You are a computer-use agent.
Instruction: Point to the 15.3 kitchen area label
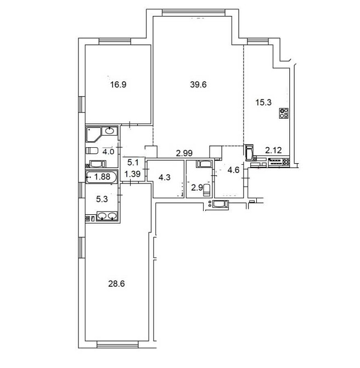(264, 101)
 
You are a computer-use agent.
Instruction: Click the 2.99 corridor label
(184, 153)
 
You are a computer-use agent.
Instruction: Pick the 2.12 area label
(273, 149)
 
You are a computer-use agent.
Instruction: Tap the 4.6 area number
(233, 169)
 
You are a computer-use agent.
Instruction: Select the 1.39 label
(133, 174)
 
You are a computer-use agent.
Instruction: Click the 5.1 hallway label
(133, 162)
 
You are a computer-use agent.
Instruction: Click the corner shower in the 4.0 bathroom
(93, 133)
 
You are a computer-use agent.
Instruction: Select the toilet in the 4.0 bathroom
(91, 150)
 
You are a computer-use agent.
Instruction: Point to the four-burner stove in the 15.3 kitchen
(284, 113)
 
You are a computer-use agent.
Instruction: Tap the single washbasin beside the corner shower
(110, 131)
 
